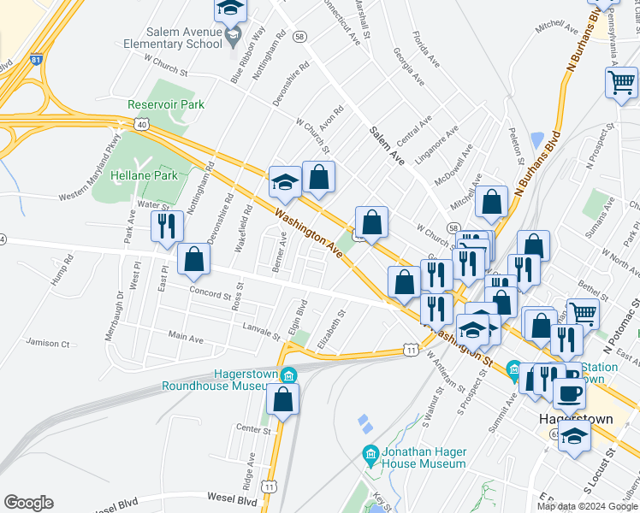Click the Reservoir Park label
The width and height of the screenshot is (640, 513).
[166, 104]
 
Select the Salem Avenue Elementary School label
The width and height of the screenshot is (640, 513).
[173, 38]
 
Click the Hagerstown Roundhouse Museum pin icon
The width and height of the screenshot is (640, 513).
[288, 375]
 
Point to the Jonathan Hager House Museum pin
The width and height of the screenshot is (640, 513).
[370, 452]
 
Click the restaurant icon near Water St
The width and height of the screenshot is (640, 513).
[167, 226]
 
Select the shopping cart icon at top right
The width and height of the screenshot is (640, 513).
[621, 84]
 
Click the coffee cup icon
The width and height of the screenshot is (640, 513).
[570, 393]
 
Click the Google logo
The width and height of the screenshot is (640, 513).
[28, 503]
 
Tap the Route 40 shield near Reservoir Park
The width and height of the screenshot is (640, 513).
[139, 125]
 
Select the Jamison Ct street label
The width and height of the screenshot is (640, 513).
[47, 343]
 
